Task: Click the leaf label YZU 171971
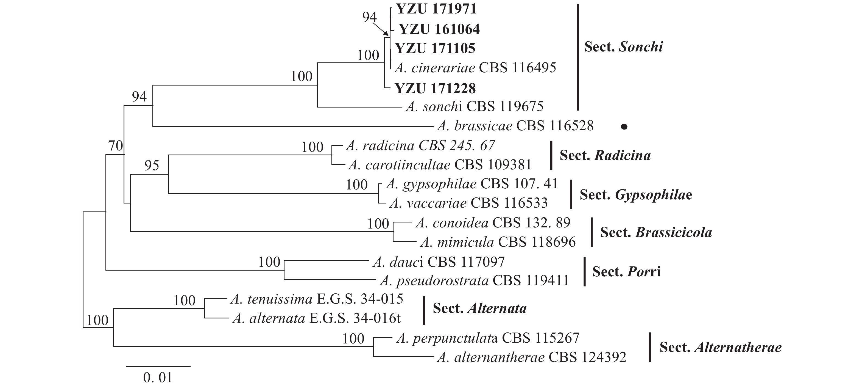(x=436, y=9)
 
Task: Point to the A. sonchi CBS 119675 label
(x=475, y=107)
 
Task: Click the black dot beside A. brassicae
(x=624, y=127)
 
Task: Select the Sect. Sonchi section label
(x=624, y=47)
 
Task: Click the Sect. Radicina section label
(x=605, y=155)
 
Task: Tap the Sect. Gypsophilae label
(x=636, y=195)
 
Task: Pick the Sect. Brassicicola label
(x=656, y=232)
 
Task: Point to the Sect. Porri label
(x=626, y=271)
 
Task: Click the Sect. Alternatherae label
(x=720, y=347)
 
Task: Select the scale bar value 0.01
(x=158, y=378)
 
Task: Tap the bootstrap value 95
(x=152, y=166)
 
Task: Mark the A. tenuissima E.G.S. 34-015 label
(x=317, y=299)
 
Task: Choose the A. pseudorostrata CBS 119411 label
(x=474, y=280)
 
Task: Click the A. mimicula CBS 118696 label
(x=498, y=242)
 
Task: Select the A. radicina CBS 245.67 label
(x=420, y=145)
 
